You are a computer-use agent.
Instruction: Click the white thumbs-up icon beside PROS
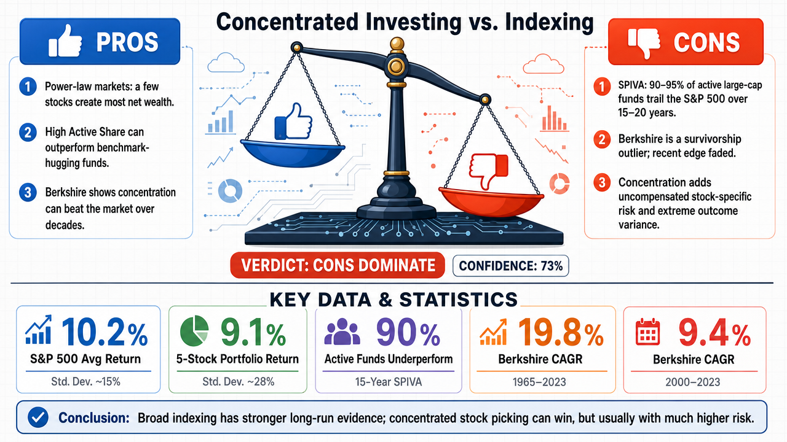pos(65,41)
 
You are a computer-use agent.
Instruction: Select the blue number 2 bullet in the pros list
pos(28,132)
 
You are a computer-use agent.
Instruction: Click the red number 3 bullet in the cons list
pos(602,183)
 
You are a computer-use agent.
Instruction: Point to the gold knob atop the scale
pos(397,44)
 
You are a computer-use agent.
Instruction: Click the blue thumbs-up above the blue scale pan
pos(293,122)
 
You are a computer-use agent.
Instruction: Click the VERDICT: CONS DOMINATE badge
pos(338,265)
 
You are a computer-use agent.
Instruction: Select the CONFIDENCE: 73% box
pos(510,266)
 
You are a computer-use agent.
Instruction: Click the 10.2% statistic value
pos(105,331)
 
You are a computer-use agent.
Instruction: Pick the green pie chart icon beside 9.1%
pos(194,331)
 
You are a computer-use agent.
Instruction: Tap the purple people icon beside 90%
pos(342,331)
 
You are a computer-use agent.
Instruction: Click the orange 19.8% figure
pos(561,332)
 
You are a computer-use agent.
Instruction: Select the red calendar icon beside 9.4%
pos(648,331)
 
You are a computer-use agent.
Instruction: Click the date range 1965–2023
pos(539,382)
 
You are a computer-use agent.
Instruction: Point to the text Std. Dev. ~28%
pos(238,381)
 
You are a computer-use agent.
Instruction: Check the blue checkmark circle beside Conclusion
pos(38,417)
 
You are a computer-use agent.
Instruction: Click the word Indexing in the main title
pos(549,22)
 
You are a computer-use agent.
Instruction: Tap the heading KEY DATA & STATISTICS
pos(393,300)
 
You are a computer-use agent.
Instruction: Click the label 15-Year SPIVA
pos(388,382)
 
